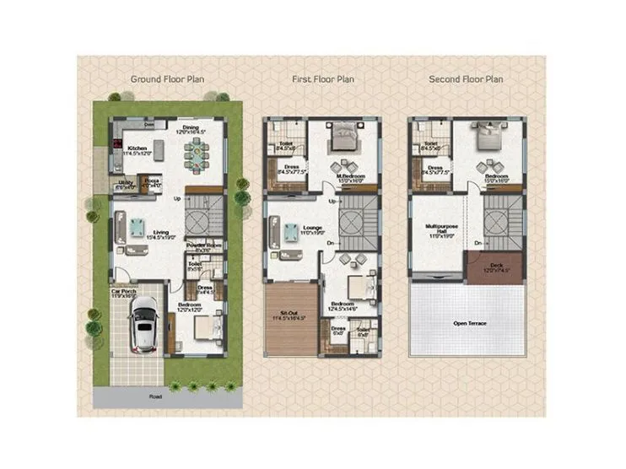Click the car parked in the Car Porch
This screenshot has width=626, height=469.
144,326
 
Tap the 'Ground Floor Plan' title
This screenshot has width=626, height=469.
166,79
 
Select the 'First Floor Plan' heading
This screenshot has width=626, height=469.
322,79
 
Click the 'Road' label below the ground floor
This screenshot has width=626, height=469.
155,396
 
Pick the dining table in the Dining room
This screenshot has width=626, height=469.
196,154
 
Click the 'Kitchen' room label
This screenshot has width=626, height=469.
136,147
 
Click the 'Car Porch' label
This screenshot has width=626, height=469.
123,293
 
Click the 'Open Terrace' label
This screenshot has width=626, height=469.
472,322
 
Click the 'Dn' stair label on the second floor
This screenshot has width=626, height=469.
478,243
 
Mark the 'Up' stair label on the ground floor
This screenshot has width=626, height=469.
177,198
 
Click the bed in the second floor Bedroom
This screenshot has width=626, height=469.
488,135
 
